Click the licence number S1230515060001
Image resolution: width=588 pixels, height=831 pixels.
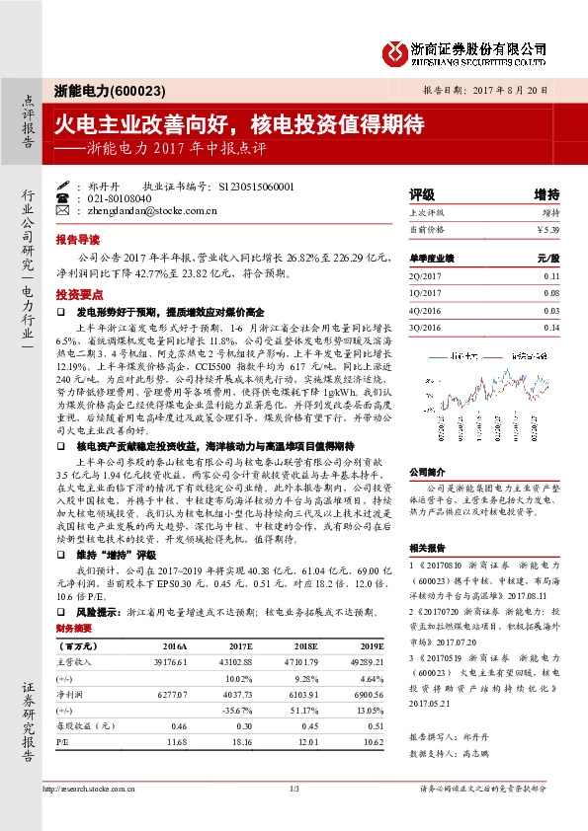pos(255,186)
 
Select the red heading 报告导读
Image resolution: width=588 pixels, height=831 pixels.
pos(77,239)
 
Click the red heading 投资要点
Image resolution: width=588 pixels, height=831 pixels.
pos(77,295)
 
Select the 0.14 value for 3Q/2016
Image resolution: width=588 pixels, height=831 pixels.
pos(550,327)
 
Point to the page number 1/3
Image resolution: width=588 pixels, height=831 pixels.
pos(294,788)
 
